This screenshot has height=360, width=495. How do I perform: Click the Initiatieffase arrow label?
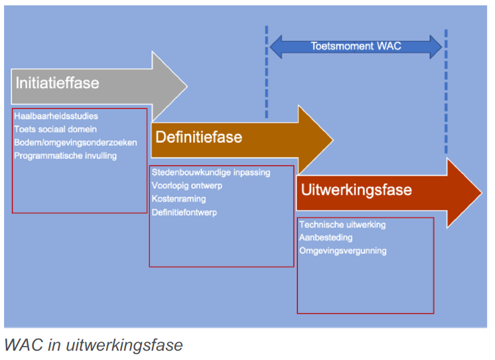pos(57,83)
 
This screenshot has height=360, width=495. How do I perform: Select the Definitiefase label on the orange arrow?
pos(198,137)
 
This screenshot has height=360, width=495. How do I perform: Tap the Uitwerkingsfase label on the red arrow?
pos(356,190)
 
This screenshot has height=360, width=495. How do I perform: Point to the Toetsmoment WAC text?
pos(356,46)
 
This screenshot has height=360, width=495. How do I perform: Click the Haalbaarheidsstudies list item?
pos(56,117)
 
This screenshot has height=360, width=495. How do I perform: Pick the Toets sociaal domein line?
pos(55,129)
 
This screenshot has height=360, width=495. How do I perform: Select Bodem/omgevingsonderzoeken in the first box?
pos(76,143)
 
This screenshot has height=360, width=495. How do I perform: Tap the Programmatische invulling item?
pos(65,156)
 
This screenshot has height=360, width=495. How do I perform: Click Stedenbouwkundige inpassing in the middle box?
pos(211,172)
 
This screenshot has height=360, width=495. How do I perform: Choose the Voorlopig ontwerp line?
pos(187,186)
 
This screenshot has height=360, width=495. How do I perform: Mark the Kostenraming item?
pos(178,199)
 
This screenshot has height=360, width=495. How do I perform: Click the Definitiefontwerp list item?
pos(184,213)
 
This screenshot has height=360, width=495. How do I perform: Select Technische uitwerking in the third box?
pos(342,225)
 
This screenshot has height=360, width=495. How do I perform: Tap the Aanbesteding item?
pos(326,237)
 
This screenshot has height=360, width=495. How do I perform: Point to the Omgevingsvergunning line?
pos(342,251)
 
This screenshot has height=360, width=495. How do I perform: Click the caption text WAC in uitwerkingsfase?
pos(93,345)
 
